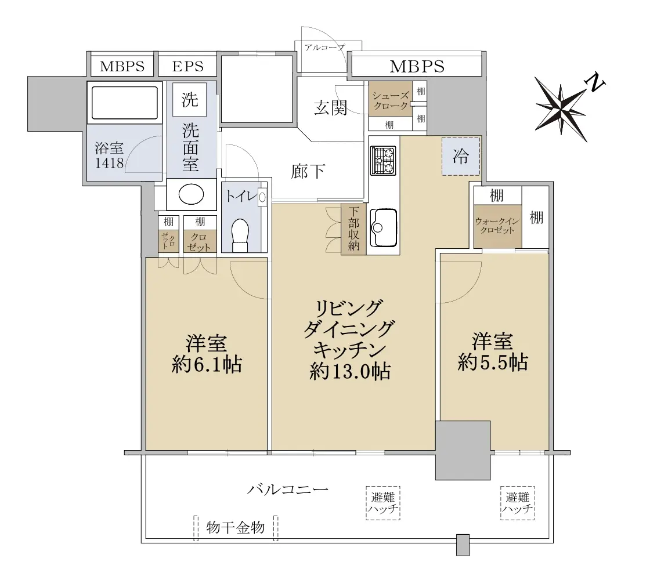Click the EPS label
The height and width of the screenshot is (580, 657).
pos(187,66)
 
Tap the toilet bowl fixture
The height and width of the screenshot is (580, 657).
pos(240,235)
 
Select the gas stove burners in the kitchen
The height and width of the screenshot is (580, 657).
pos(383,161)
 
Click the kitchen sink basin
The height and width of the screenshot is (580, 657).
pos(384,227)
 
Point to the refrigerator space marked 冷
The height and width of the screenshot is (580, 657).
pos(461,156)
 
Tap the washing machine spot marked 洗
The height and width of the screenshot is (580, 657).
pos(190,99)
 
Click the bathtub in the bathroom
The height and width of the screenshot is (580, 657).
pos(125,103)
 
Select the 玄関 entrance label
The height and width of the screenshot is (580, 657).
pos(331,108)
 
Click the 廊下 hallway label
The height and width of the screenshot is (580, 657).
pos(308,171)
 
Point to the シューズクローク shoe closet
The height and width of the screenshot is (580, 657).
pos(391,101)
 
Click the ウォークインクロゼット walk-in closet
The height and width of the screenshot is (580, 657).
pos(498,226)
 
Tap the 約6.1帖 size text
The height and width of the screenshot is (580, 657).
pos(207,365)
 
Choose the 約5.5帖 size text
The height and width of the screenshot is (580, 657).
pos(493,362)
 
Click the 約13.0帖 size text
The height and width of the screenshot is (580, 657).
pos(351,371)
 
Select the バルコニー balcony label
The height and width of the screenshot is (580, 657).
pos(287,489)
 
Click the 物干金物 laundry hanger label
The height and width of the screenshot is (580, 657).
pos(236,527)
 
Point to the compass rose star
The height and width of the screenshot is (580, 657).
pos(561,108)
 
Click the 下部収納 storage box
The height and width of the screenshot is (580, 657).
pos(353,229)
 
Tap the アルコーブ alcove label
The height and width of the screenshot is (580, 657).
pos(325,48)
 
